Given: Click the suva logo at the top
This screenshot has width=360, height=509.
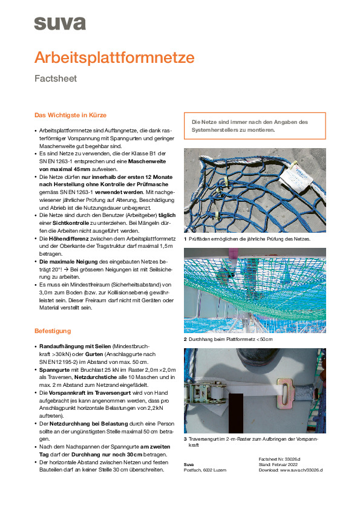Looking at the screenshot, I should (x=60, y=23).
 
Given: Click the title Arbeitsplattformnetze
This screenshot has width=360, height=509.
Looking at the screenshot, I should (x=114, y=57).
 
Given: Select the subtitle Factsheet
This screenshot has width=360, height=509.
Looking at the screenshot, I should (x=56, y=79).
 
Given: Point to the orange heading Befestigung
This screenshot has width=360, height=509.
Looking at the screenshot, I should (x=53, y=331).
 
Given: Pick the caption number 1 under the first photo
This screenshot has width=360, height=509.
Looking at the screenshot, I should (x=185, y=239).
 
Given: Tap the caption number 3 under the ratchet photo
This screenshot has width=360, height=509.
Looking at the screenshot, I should (x=185, y=439).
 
